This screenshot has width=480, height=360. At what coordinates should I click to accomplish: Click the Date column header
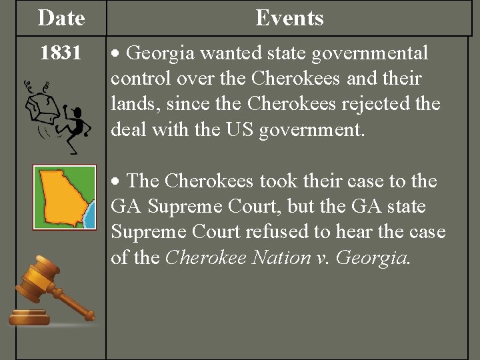click(x=61, y=18)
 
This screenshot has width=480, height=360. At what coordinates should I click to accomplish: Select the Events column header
click(x=289, y=18)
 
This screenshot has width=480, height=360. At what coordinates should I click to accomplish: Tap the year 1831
click(x=61, y=53)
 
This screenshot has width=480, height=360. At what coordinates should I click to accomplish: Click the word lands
click(x=133, y=105)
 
